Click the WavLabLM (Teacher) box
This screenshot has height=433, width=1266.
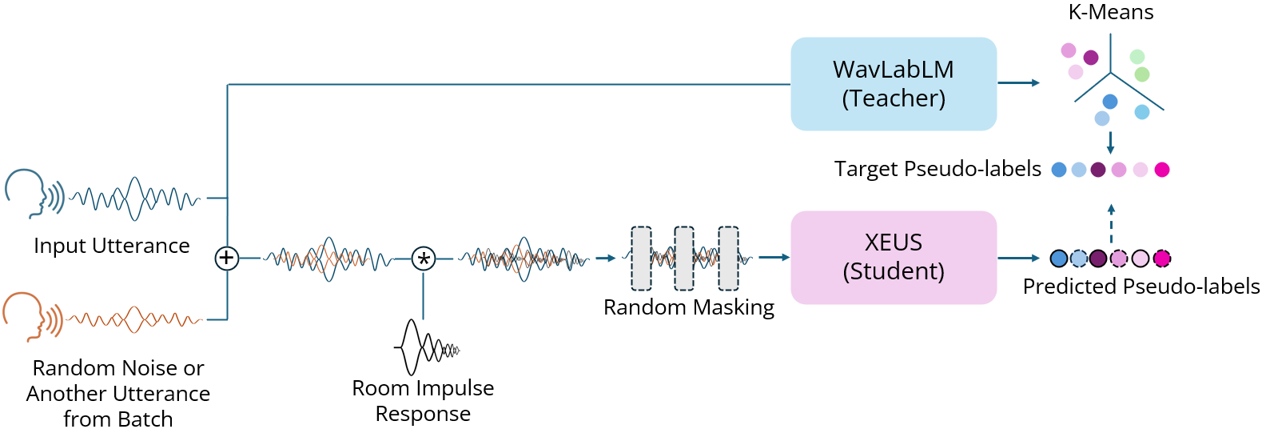894,84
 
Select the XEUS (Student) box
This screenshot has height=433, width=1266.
894,257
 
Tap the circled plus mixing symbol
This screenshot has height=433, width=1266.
227,258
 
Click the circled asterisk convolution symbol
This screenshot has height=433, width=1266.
424,259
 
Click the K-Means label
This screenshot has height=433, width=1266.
1111,12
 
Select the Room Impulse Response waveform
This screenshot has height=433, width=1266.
426,348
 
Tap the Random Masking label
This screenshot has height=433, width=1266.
689,307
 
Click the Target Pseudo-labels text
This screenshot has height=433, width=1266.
938,169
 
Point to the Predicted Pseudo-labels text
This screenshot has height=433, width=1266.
1141,287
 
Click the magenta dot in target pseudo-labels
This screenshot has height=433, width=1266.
1162,170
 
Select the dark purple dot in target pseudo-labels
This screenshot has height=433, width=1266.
1098,170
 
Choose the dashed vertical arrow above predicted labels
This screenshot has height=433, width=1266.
1111,223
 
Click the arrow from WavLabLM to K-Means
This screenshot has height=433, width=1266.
1018,82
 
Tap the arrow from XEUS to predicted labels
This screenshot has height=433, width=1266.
1018,258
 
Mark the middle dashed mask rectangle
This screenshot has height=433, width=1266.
684,258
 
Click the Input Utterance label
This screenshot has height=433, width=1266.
112,246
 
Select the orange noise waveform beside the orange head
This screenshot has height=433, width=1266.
134,319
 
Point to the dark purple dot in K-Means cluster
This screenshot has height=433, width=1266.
1091,58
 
